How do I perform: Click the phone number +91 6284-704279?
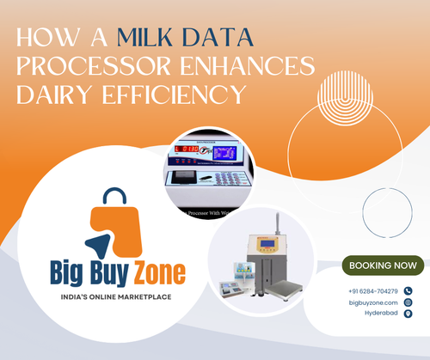(x=373, y=291)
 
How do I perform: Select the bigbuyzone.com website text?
(x=372, y=302)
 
